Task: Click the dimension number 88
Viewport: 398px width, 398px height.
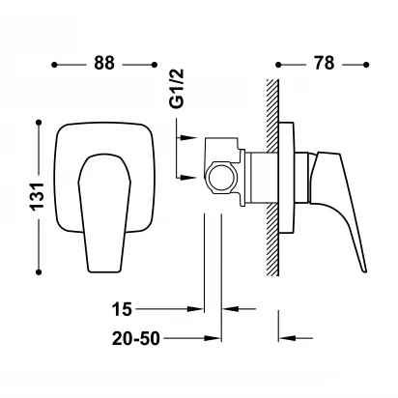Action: click(104, 63)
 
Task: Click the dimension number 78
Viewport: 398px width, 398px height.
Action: click(325, 63)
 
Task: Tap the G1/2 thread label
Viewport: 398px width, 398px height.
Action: click(177, 88)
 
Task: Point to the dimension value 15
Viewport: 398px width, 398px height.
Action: click(122, 309)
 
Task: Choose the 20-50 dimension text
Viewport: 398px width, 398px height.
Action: click(136, 338)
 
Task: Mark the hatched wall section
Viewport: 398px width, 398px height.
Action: click(272, 178)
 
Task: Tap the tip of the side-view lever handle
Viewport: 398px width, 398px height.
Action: click(365, 270)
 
